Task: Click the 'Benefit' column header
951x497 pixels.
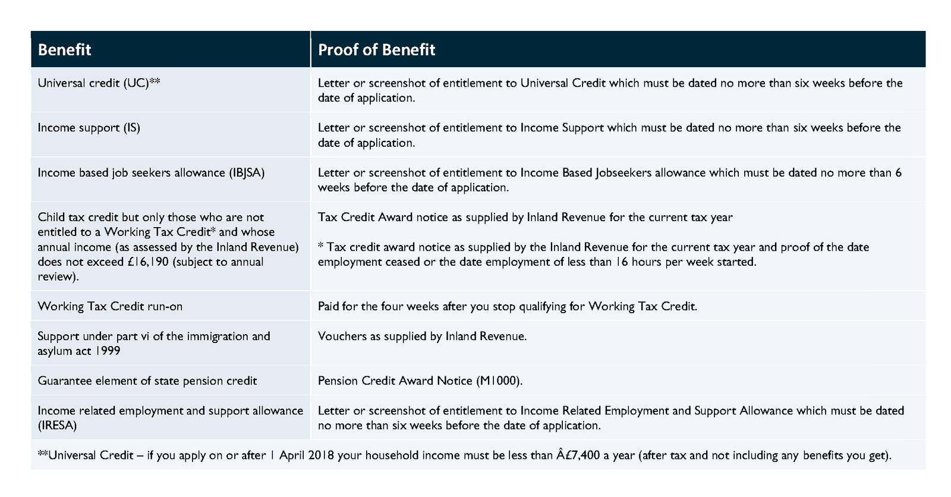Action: (x=64, y=49)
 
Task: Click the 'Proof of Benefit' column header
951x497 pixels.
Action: (x=376, y=49)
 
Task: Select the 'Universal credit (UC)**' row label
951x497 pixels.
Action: (x=99, y=83)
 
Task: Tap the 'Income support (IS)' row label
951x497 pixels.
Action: (x=89, y=128)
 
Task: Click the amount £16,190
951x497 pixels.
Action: (x=148, y=262)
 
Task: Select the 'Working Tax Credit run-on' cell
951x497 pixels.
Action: (x=110, y=306)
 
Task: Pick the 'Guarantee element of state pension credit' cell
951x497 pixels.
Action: (x=147, y=380)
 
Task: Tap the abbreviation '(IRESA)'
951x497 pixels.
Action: (x=57, y=425)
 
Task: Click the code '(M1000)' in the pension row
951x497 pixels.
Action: (x=499, y=380)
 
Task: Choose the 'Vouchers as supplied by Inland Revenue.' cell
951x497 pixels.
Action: (x=422, y=336)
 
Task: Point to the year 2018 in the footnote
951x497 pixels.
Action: (x=321, y=455)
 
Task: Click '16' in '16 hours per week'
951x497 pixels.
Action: (x=621, y=262)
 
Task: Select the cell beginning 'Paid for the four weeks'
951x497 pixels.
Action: (x=507, y=306)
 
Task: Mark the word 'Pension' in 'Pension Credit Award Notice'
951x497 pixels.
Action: (x=338, y=380)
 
